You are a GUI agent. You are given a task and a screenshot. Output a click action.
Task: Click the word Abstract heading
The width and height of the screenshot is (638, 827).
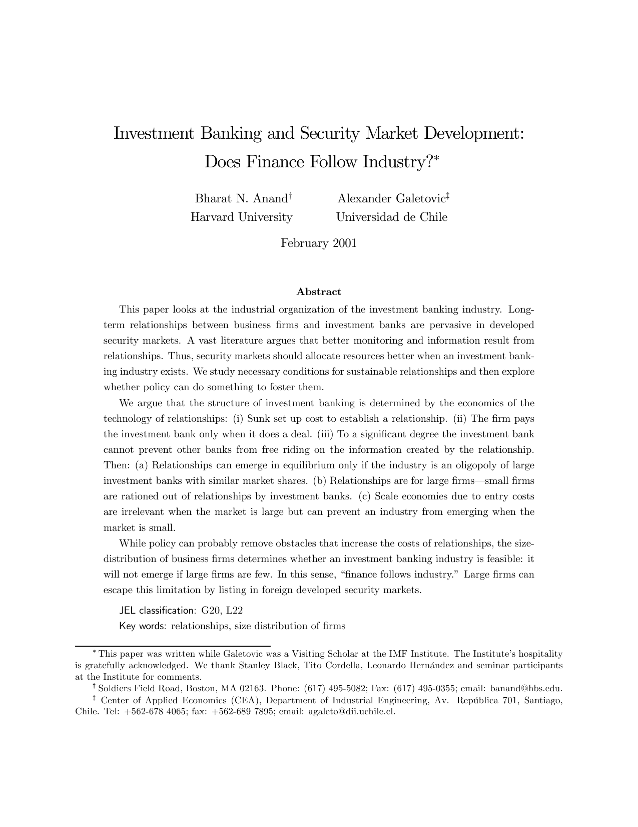[x=319, y=292]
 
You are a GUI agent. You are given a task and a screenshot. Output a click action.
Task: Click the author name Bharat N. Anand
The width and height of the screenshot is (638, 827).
[x=240, y=198]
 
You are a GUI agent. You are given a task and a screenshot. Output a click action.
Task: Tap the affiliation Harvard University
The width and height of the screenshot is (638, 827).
[x=241, y=217]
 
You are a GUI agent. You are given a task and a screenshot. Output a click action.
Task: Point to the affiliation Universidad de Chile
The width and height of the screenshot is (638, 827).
[x=391, y=217]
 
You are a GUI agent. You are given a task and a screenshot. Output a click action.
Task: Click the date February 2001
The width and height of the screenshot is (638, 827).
[x=319, y=243]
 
